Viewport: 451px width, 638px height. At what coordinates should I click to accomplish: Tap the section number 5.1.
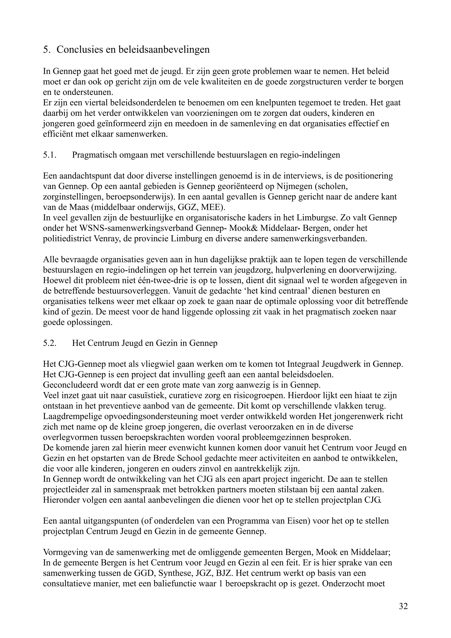(x=50, y=155)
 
